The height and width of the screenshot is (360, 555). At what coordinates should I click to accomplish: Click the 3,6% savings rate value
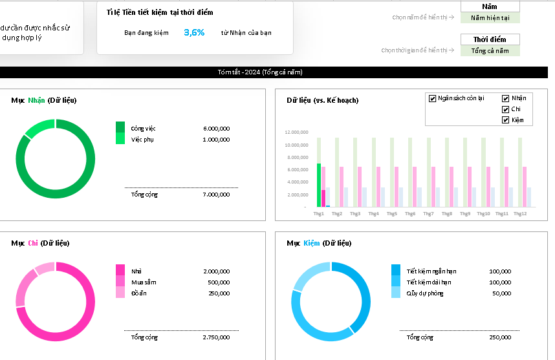tap(194, 32)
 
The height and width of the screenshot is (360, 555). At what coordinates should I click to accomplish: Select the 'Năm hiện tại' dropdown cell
tap(490, 18)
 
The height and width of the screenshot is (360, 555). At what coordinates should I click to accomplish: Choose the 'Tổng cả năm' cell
tap(490, 51)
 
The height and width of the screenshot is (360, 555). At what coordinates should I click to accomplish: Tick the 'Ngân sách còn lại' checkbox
tap(432, 98)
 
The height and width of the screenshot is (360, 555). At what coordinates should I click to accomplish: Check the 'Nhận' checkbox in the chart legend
tap(506, 98)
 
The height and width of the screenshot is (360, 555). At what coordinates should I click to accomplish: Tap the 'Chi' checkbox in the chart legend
tap(506, 109)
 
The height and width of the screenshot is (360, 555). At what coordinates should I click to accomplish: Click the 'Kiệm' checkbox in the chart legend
tap(506, 120)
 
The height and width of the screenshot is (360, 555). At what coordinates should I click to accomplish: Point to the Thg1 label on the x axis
tap(319, 214)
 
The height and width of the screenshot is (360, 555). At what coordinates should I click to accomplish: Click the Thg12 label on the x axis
tap(520, 214)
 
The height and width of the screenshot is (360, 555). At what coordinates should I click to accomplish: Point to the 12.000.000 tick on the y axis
tap(296, 132)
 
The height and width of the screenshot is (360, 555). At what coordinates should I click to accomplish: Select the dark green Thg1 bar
tap(319, 185)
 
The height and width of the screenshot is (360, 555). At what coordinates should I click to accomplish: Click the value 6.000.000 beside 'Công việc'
tap(216, 129)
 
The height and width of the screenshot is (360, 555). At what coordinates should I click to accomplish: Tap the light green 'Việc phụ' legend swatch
tap(120, 139)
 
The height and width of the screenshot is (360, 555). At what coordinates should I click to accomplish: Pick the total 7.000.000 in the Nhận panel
tap(216, 195)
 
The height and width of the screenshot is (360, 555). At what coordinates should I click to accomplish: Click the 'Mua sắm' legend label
tap(144, 282)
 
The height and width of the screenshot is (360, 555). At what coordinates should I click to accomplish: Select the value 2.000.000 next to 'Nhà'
tap(216, 271)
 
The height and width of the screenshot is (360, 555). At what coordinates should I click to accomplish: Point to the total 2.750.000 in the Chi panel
tap(216, 337)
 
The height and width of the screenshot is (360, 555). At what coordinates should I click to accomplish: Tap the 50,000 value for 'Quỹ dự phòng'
tap(501, 293)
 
